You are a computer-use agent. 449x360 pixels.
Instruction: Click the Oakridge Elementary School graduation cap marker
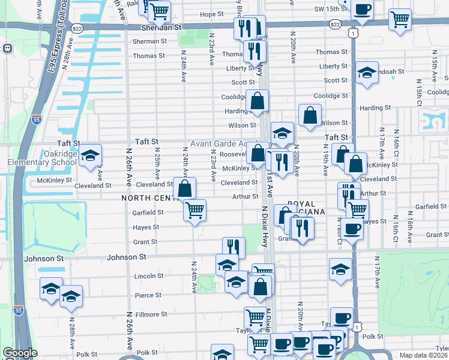(91, 157)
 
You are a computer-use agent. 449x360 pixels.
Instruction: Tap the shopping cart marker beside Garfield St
(194, 211)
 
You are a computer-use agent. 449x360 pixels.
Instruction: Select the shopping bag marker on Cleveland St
(185, 188)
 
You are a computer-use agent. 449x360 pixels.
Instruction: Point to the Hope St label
(212, 14)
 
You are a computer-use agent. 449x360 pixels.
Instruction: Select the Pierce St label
(148, 295)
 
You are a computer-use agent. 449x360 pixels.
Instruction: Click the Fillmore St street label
(146, 314)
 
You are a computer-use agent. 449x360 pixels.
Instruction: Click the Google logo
(20, 353)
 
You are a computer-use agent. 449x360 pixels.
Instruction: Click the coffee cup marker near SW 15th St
(363, 9)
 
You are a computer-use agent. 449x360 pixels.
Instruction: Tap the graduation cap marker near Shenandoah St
(367, 73)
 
